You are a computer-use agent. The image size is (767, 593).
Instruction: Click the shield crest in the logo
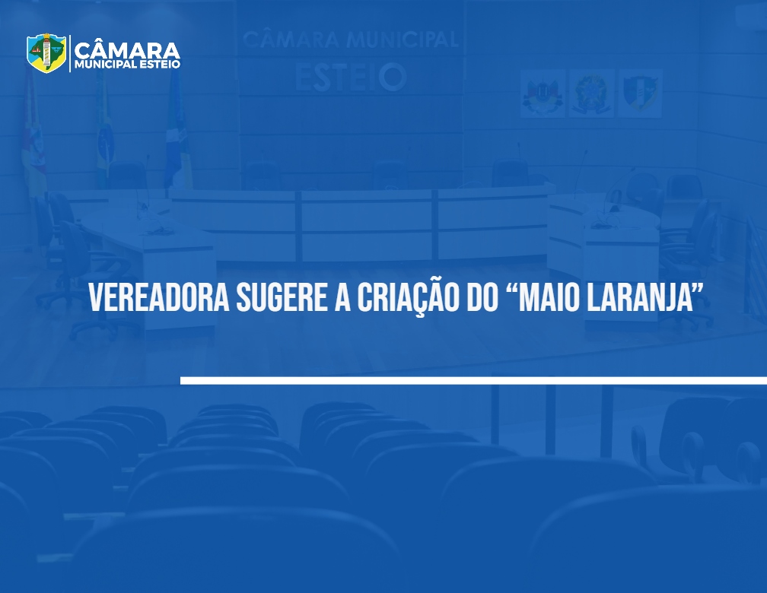pos(46,52)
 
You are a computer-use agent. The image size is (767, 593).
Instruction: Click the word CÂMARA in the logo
pos(127,50)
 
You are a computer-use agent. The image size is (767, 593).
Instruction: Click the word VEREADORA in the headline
pos(160,298)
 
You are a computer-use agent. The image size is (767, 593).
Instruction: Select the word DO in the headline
pos(482,298)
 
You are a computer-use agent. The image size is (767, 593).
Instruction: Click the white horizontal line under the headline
pos(473,380)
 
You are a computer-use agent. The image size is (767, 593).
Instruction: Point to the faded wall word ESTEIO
pos(351,78)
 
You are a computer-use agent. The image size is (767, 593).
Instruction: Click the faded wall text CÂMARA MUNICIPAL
pos(351,39)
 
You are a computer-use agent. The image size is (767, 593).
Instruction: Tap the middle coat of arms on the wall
pos(591,93)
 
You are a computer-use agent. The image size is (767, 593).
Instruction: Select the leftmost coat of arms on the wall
pos(543,93)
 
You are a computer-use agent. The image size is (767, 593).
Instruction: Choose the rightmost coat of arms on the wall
pos(640,93)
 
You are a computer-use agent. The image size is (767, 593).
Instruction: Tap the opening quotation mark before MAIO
pos(510,289)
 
